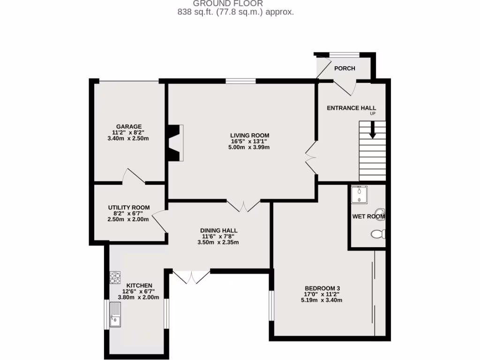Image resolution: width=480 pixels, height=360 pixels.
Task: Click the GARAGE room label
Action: tap(129, 127)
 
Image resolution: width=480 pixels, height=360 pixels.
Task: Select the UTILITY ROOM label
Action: tap(129, 208)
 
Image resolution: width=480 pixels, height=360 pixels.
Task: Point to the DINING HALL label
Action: tap(219, 231)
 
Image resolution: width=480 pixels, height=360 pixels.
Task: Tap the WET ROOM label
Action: tap(368, 217)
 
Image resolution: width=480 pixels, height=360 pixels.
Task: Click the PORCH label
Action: tap(345, 68)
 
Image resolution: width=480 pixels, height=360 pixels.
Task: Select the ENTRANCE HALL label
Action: tap(351, 108)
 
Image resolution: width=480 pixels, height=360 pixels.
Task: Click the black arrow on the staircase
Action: tap(373, 130)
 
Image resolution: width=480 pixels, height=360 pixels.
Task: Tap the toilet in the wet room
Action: tap(378, 233)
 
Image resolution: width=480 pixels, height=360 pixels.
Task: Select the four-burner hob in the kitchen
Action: tap(115, 277)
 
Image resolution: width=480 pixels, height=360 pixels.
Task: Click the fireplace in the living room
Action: tap(176, 143)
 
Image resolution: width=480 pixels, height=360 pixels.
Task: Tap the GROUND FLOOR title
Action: tap(235, 4)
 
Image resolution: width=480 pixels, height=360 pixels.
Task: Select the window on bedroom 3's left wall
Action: tap(270, 306)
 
